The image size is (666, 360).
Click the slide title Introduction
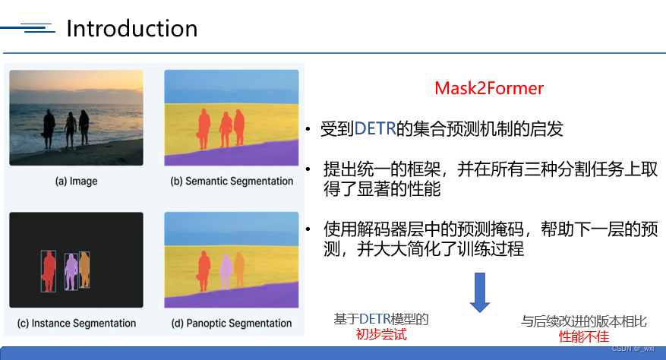coord(131,28)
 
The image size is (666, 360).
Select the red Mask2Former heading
coord(489,88)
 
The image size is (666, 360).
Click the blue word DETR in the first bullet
coord(375,129)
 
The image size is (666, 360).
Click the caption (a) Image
coord(76,182)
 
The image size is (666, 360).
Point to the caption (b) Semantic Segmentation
coord(229,182)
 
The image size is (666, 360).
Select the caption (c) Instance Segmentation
coord(76,323)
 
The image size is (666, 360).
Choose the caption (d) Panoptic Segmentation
coord(230,323)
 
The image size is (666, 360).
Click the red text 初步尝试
coord(381,334)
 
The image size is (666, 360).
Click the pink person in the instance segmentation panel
coord(71,270)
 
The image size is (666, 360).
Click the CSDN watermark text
coord(632,348)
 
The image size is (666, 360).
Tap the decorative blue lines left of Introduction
coord(30,30)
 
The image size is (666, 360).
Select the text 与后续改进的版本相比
coord(583,321)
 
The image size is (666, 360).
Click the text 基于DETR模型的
coord(381,319)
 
